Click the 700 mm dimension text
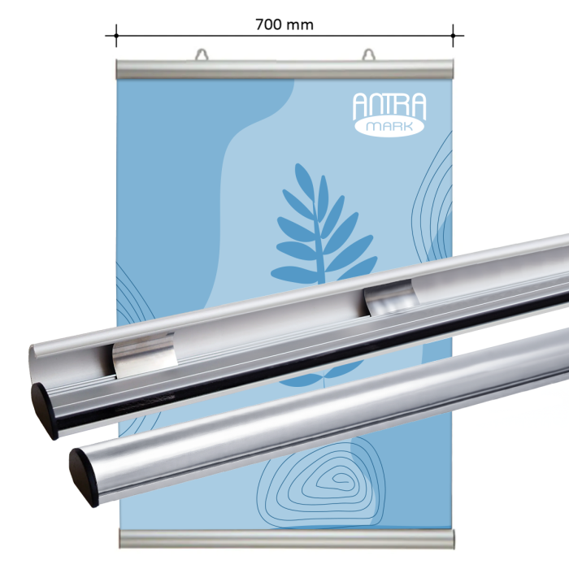(x=284, y=24)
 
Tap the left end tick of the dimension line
(x=116, y=36)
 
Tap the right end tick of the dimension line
(x=453, y=36)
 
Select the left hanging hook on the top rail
(x=201, y=55)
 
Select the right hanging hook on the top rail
(x=369, y=55)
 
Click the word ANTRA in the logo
(x=389, y=106)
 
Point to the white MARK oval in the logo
(x=389, y=128)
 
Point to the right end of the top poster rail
(x=449, y=69)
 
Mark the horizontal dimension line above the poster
(x=203, y=36)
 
